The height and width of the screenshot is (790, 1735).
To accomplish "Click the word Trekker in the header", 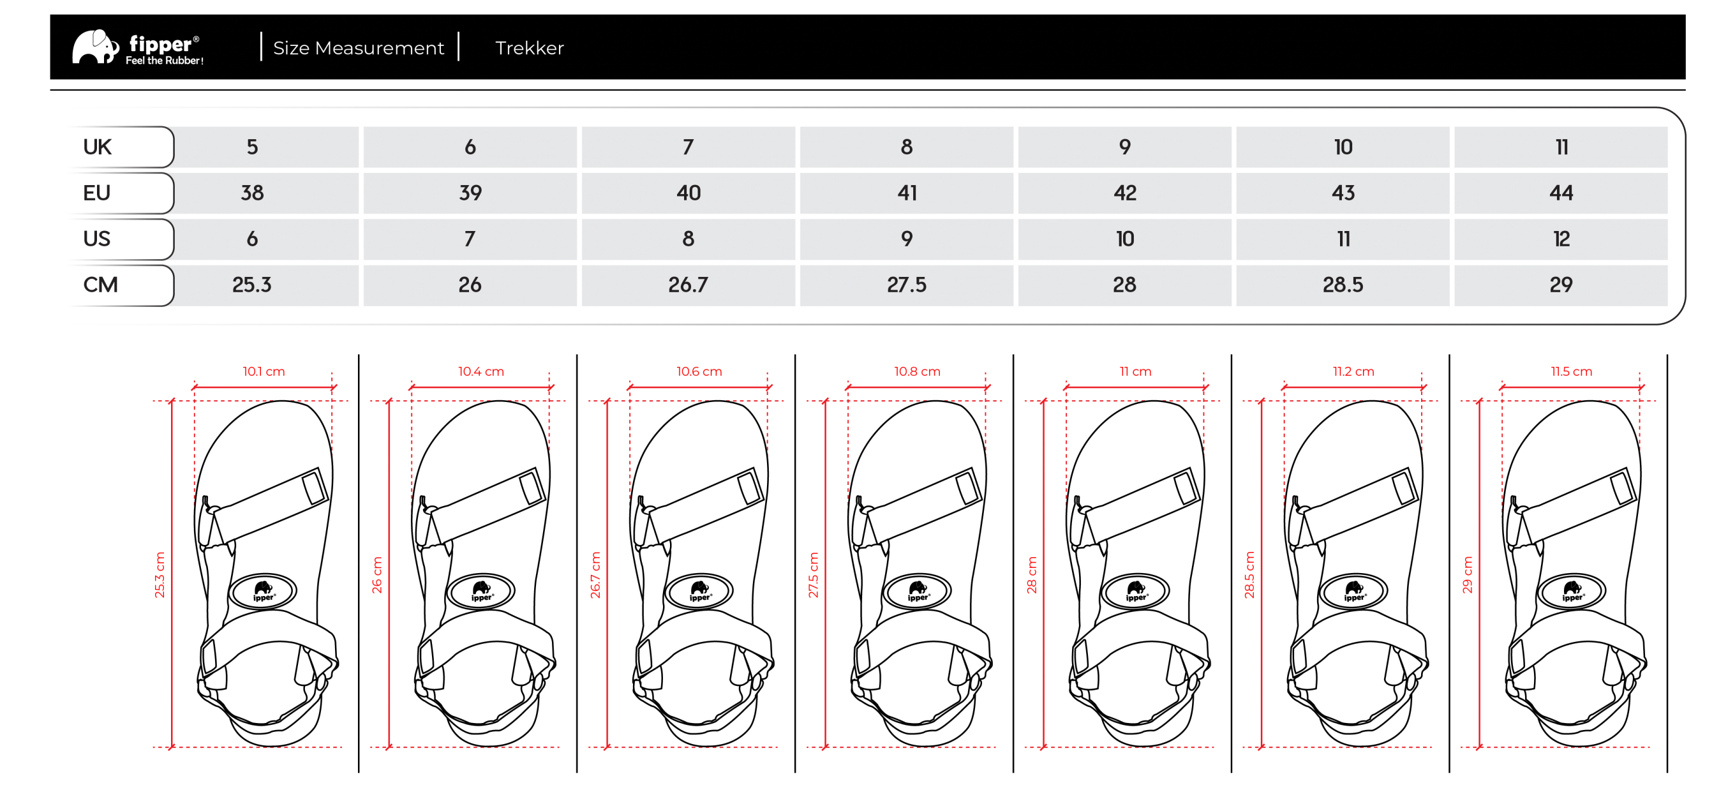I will pyautogui.click(x=530, y=48).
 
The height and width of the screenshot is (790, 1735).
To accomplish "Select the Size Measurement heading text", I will pyautogui.click(x=359, y=48).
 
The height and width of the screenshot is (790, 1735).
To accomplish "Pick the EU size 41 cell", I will pyautogui.click(x=907, y=193).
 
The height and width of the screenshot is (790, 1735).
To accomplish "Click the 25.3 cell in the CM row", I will pyautogui.click(x=252, y=285).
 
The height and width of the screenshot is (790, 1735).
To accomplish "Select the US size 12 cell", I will pyautogui.click(x=1561, y=239).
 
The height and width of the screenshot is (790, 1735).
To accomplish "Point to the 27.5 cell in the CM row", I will pyautogui.click(x=907, y=285).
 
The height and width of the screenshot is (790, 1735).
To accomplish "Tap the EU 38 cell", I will pyautogui.click(x=252, y=193).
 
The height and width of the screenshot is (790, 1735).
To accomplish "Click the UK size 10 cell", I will pyautogui.click(x=1343, y=147).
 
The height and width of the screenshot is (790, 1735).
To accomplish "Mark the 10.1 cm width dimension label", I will pyautogui.click(x=264, y=371).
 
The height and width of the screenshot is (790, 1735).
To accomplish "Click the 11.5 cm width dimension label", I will pyautogui.click(x=1572, y=371).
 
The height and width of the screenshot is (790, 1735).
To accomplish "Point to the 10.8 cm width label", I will pyautogui.click(x=918, y=371).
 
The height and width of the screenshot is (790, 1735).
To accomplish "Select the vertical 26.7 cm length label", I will pyautogui.click(x=595, y=574).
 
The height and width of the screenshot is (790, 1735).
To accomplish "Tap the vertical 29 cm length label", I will pyautogui.click(x=1468, y=574).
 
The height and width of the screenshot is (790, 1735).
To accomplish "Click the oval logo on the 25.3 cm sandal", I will pyautogui.click(x=264, y=592).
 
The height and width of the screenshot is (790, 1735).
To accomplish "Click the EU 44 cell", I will pyautogui.click(x=1561, y=193).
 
